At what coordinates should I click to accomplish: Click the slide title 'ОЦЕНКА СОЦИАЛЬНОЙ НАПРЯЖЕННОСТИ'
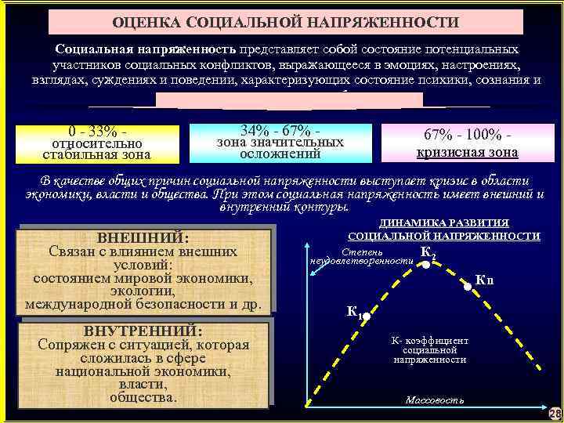[285, 22]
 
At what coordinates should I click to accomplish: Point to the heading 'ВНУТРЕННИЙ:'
[143, 331]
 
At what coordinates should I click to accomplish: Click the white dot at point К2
[425, 266]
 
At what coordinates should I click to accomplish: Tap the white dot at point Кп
[469, 287]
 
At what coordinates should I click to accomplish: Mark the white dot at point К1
[366, 317]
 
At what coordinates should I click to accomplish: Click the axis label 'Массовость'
[434, 400]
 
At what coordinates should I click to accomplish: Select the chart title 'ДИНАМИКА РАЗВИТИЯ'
[443, 223]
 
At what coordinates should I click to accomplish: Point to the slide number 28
[555, 413]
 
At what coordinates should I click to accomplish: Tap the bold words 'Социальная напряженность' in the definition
[142, 49]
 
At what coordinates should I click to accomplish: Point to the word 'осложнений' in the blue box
[280, 154]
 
